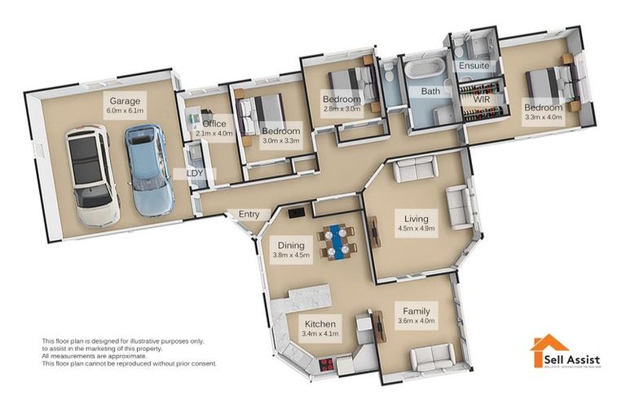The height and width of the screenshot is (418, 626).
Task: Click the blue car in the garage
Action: [148, 170]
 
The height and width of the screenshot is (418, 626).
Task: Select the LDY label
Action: [196, 174]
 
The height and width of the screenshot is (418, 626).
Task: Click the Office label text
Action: [214, 123]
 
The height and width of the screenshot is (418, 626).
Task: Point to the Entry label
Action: [249, 215]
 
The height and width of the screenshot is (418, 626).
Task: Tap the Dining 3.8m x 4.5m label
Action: [291, 250]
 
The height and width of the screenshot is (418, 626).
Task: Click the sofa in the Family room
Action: [432, 357]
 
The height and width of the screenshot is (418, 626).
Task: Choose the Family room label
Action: [417, 315]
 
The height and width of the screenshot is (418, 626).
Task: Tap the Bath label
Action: [430, 91]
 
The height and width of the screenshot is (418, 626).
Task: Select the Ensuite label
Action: [474, 64]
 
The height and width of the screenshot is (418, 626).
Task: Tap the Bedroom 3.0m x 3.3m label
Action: [281, 136]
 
